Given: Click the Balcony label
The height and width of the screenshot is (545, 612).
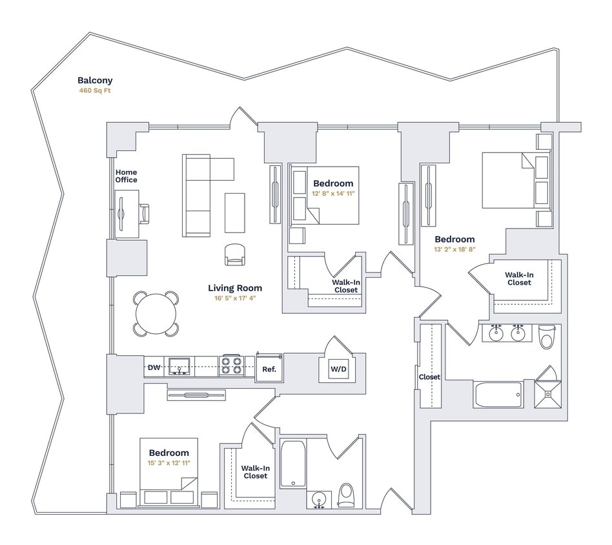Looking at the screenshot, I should [x=95, y=81].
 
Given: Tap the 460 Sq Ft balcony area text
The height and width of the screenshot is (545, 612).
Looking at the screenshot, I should [x=95, y=91].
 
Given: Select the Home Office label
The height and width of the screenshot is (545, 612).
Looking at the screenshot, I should [x=126, y=176].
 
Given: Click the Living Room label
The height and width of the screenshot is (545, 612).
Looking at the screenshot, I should [x=235, y=288].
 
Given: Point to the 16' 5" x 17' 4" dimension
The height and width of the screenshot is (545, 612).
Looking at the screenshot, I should [x=235, y=299].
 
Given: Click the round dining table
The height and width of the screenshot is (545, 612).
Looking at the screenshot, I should [x=156, y=314].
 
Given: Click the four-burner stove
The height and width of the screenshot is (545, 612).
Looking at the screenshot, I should [x=231, y=366].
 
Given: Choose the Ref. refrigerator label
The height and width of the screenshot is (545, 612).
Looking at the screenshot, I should [x=269, y=369].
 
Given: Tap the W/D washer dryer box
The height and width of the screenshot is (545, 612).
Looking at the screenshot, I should [x=339, y=369].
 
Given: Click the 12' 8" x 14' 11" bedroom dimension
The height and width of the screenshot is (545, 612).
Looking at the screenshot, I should [x=333, y=194].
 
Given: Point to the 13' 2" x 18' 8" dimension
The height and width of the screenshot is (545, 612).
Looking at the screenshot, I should [x=454, y=250].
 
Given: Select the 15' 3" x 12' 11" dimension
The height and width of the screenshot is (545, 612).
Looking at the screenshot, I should [x=168, y=463].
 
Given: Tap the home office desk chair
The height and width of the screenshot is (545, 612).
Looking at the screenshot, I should [x=143, y=213].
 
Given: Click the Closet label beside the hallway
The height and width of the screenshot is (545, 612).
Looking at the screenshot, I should [x=429, y=377].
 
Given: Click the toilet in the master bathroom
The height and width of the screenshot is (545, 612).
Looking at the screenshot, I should [x=547, y=336].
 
